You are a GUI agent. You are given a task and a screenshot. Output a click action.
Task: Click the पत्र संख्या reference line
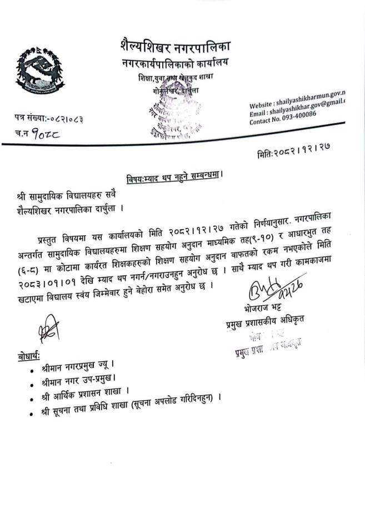pos(49,118)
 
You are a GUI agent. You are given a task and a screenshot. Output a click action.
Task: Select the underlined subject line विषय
pos(175,178)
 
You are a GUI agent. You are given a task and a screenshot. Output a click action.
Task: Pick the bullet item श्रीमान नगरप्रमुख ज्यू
pos(77,368)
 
